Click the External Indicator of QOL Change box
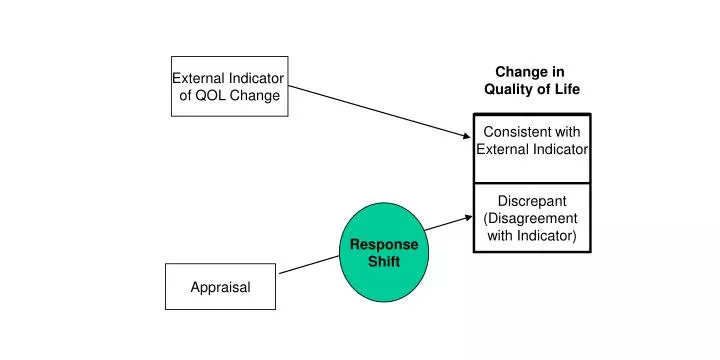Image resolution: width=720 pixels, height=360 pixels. click(229, 86)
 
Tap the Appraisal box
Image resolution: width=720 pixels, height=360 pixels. click(220, 287)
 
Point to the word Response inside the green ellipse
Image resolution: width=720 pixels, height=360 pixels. click(384, 245)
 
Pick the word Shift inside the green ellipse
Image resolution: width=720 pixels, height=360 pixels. click(384, 262)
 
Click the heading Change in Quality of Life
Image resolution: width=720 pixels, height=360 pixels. click(531, 80)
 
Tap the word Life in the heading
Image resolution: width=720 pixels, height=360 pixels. click(566, 89)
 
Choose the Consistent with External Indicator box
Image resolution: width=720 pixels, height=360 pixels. click(531, 148)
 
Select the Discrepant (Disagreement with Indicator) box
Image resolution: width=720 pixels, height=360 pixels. click(531, 217)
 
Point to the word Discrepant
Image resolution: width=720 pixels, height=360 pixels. click(531, 201)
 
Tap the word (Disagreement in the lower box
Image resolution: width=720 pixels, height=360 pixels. click(531, 218)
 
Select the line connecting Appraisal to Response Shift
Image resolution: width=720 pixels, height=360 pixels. click(309, 264)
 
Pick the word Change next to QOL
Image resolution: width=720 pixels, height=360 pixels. click(256, 96)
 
